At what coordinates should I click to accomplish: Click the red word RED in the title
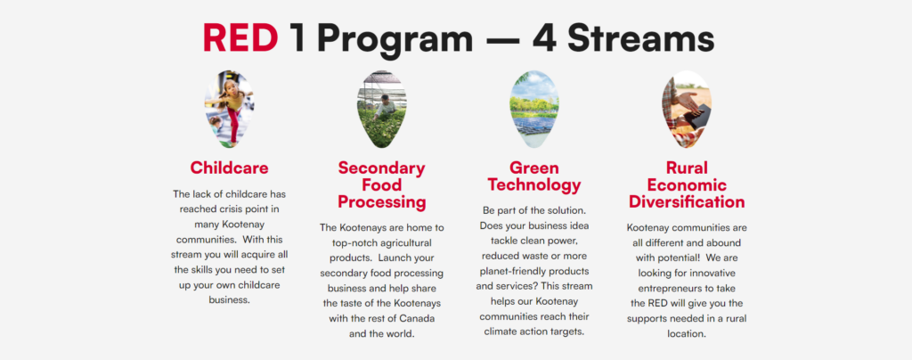tap(240, 39)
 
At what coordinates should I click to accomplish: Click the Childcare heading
tap(229, 168)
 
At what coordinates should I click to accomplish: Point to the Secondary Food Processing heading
tap(381, 185)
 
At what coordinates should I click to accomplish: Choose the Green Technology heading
tap(534, 176)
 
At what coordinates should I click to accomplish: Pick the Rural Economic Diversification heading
tap(687, 185)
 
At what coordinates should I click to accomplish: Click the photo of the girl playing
tap(229, 109)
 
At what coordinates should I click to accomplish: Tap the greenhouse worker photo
tap(381, 109)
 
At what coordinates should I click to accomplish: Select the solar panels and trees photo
tap(534, 109)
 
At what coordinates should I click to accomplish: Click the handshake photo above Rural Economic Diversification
tap(687, 109)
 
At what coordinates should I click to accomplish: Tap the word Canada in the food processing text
tap(419, 319)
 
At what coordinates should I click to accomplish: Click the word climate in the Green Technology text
tap(501, 331)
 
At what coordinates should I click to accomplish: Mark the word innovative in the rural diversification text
tap(714, 273)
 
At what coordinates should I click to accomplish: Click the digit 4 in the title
tap(545, 39)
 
